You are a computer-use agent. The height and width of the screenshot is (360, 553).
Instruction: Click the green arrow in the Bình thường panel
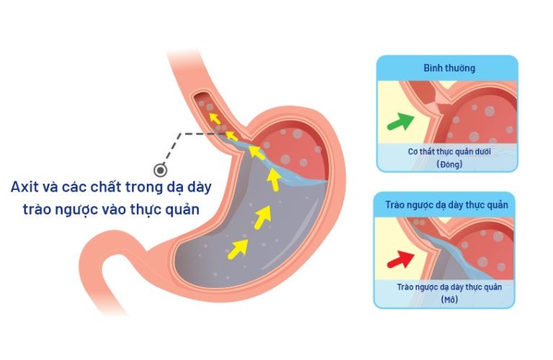[400, 122]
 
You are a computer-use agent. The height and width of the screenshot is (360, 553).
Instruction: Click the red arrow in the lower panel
[400, 259]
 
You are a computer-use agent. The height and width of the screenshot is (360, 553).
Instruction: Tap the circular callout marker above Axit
[161, 171]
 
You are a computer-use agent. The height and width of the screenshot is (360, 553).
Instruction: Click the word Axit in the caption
[24, 187]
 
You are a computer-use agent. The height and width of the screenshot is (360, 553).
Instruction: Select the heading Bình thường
[449, 68]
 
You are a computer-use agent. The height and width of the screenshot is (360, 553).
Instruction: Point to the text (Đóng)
[449, 164]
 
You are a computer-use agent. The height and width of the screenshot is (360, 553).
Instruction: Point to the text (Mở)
[449, 300]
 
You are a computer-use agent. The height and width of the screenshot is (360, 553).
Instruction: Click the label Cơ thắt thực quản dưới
[449, 152]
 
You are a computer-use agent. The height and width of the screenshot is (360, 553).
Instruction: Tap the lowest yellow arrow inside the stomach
[238, 248]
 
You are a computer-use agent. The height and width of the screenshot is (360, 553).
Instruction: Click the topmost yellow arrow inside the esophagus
[215, 119]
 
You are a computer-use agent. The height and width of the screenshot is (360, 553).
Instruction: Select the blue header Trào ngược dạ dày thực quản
[446, 205]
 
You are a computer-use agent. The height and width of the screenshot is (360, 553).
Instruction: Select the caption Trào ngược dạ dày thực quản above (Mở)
[449, 287]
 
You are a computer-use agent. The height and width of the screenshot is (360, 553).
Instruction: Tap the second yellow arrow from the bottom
[263, 217]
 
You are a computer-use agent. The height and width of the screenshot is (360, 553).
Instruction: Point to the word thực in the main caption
[146, 210]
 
